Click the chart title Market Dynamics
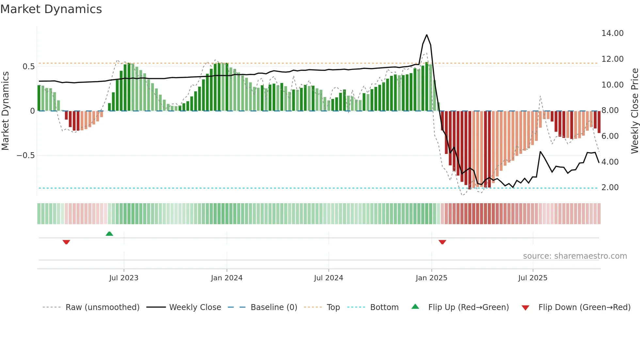(51, 9)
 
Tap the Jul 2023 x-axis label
(124, 278)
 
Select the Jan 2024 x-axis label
(227, 278)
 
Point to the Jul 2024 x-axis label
(328, 278)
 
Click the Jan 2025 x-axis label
(431, 278)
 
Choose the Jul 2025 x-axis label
(533, 278)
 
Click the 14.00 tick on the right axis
(612, 33)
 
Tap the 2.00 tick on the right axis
(610, 188)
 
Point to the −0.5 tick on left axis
(26, 155)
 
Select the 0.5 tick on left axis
(28, 67)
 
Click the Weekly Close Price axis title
(634, 111)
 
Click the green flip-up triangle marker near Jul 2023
(109, 234)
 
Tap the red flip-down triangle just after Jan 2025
(442, 242)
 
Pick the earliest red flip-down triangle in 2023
(66, 242)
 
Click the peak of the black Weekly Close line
(426, 35)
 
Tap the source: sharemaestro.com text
(575, 256)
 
